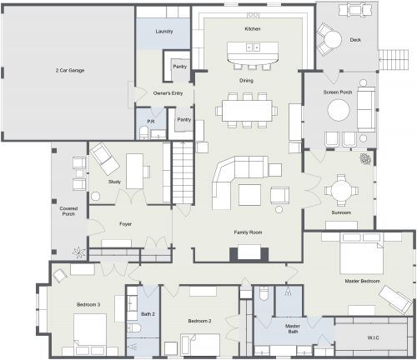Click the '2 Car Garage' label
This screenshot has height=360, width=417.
[68, 70]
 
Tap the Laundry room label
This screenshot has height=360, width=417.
[164, 32]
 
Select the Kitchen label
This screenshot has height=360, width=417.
[253, 29]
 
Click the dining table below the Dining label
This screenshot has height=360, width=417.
[246, 109]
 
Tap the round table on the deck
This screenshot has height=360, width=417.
[332, 38]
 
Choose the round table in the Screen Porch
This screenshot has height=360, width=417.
[339, 110]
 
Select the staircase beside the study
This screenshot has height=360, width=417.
[183, 171]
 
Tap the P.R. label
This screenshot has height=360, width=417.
[151, 122]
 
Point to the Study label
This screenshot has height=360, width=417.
[116, 181]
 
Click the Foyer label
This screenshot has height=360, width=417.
[126, 223]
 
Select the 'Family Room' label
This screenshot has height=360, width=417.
[248, 231]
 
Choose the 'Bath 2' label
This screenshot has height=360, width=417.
[148, 313]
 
